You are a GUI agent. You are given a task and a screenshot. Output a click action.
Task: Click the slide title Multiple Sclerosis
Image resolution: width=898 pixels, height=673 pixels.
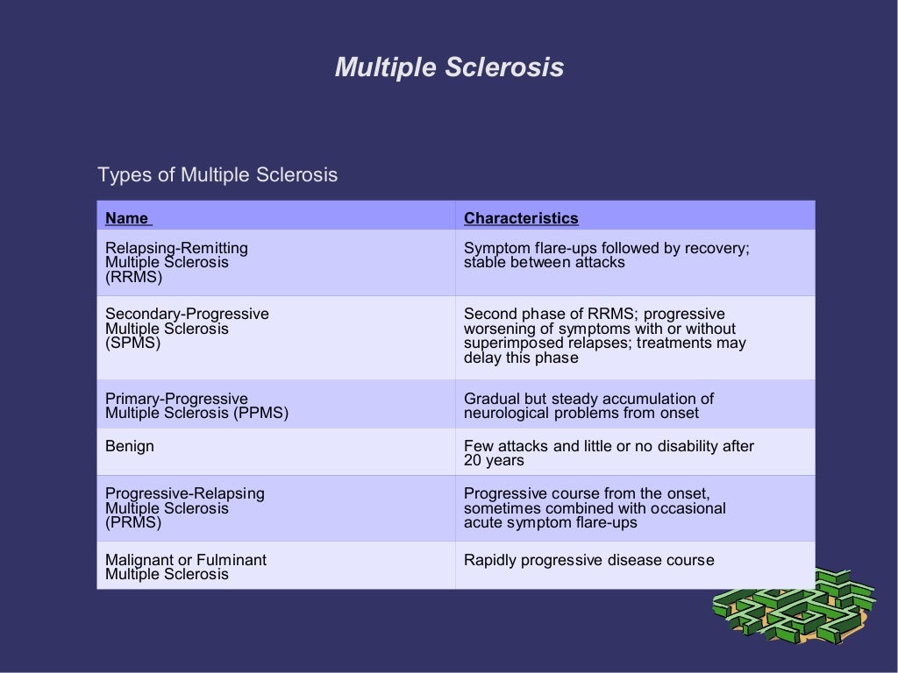pyautogui.click(x=449, y=67)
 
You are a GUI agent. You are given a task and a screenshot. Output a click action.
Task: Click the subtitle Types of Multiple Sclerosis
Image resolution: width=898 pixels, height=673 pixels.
pyautogui.click(x=217, y=175)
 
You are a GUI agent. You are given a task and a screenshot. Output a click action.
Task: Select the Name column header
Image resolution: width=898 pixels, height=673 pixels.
pyautogui.click(x=127, y=218)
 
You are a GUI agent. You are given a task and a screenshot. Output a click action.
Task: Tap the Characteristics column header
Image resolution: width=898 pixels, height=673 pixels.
pyautogui.click(x=521, y=218)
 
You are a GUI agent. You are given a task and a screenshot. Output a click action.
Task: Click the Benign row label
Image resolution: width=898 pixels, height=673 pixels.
pyautogui.click(x=130, y=446)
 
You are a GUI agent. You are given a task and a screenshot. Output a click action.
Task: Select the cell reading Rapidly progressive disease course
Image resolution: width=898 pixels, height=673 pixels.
pyautogui.click(x=588, y=560)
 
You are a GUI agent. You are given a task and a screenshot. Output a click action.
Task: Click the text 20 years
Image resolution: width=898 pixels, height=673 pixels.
pyautogui.click(x=494, y=461)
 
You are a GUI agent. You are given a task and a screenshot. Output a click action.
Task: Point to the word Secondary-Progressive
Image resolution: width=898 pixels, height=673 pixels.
pyautogui.click(x=187, y=314)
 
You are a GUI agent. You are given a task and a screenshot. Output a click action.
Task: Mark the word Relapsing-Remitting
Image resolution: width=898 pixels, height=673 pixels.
pyautogui.click(x=176, y=248)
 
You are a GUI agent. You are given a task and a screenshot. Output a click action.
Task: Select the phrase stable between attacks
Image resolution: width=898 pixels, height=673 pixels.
pyautogui.click(x=544, y=263)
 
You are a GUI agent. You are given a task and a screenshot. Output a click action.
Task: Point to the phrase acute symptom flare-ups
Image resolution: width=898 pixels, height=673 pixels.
pyautogui.click(x=550, y=523)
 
